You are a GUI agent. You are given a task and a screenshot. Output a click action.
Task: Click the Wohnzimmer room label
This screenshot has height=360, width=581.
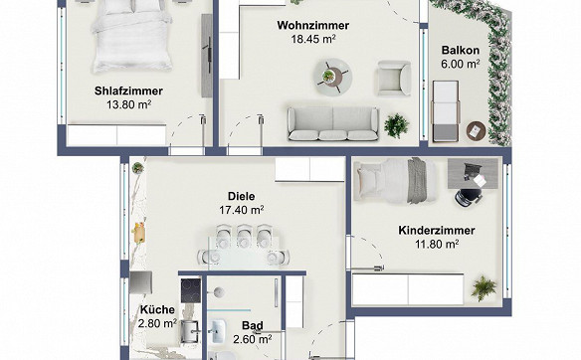click(313, 25)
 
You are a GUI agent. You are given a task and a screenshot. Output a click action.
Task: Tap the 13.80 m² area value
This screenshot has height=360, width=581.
click(129, 104)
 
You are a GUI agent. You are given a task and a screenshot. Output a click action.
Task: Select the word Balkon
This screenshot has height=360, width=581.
click(461, 50)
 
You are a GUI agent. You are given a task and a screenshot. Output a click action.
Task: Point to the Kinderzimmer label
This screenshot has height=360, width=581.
click(437, 230)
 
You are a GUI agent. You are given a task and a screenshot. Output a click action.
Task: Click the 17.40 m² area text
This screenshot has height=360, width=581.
click(241, 210)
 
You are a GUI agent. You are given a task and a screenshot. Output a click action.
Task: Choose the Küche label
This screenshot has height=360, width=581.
click(157, 309)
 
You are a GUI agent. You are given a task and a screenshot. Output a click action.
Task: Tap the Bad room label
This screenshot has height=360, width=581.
click(253, 325)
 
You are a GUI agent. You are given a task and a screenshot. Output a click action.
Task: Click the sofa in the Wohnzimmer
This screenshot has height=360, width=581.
click(333, 124)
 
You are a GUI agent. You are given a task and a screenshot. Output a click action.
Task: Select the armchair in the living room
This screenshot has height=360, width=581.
click(394, 79)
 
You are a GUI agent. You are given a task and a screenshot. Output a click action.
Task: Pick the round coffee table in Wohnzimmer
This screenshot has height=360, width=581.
click(332, 77)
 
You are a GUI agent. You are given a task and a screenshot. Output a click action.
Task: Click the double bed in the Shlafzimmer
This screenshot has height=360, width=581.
click(132, 36)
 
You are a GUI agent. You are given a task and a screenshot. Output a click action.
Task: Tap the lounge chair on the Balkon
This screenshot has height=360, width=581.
click(446, 111)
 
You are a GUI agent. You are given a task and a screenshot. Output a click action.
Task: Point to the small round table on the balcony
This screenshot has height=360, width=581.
click(477, 130)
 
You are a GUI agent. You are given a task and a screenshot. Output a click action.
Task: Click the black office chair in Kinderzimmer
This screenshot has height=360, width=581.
click(469, 196)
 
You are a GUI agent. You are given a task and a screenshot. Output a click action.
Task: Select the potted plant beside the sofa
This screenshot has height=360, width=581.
click(397, 126)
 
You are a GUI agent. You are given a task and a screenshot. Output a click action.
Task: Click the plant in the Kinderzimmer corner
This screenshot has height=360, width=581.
click(484, 287)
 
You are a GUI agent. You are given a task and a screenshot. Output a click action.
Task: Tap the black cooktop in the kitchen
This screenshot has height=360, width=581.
click(191, 290)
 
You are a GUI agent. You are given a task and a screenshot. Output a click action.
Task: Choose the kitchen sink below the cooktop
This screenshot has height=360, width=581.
click(190, 331)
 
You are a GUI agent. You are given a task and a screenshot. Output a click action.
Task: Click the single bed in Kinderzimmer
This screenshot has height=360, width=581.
click(395, 181)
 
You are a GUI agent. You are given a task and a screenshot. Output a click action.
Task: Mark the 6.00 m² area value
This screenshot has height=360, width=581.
click(461, 64)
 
